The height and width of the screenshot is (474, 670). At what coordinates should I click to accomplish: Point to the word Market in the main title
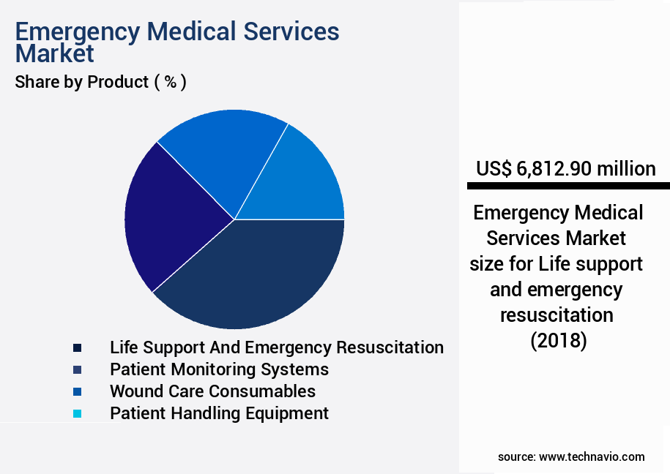coord(55,54)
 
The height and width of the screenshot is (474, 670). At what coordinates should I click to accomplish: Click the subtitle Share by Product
coord(81,82)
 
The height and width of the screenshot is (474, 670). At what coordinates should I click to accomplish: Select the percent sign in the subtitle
coord(170,82)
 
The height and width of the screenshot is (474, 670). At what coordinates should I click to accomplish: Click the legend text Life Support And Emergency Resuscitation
coord(276,347)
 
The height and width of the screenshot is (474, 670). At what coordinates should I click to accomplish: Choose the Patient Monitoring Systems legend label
coord(219,369)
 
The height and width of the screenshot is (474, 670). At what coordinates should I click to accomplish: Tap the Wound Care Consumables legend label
coord(212,391)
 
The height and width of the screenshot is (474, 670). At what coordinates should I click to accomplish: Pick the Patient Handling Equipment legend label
coord(219,413)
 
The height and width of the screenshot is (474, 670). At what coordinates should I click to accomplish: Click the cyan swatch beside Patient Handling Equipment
coord(77,413)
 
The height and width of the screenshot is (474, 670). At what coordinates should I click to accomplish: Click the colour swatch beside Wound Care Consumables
coord(77,391)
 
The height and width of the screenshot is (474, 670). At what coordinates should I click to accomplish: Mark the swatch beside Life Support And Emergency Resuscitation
coord(77,347)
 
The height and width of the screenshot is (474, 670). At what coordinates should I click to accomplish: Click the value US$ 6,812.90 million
coord(565,169)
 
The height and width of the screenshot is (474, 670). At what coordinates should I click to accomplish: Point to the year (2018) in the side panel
coord(558,341)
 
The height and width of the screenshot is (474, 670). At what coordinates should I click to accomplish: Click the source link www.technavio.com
coord(592,456)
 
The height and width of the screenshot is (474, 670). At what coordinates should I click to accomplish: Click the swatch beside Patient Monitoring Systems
coord(77,369)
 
